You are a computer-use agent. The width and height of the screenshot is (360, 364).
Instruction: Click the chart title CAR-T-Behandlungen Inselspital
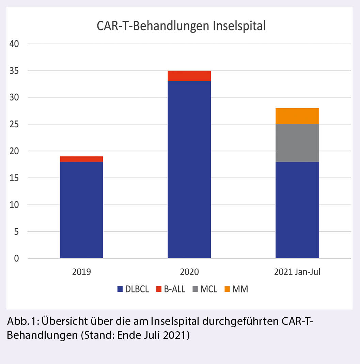tap(181, 26)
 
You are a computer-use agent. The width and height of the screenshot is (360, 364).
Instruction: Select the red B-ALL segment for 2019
tap(81, 159)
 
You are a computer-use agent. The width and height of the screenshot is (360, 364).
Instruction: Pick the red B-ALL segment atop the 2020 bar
tap(189, 76)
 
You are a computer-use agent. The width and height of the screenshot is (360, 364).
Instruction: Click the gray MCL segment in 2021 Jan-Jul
tap(297, 143)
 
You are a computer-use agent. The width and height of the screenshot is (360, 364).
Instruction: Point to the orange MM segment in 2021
tap(297, 116)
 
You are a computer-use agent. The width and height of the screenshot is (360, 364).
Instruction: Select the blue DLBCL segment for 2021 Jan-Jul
tap(297, 210)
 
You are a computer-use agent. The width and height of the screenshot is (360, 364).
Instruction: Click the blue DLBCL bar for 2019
tap(81, 210)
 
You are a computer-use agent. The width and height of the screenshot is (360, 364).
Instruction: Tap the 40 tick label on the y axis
tap(14, 44)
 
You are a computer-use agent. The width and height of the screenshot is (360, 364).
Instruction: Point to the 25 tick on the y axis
tap(14, 124)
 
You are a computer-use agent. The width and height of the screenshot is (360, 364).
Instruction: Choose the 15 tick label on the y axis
tap(14, 178)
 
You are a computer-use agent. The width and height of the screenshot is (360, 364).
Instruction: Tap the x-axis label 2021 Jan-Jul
tap(297, 272)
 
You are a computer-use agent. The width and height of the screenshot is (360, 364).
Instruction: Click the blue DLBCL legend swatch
tap(120, 289)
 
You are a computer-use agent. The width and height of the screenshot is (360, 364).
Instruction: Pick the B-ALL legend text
tap(174, 289)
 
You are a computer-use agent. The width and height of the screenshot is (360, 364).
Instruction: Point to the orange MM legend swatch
tap(227, 289)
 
